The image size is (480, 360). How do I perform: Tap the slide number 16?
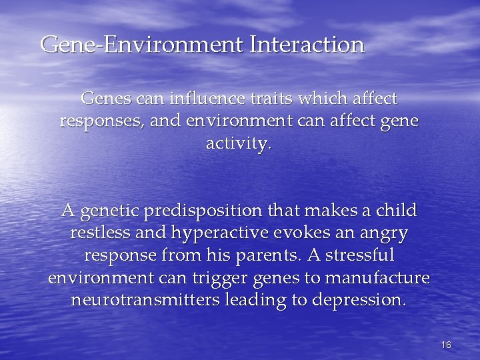tap(446, 345)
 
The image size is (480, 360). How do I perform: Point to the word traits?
tap(257, 99)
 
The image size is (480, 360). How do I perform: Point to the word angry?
tap(385, 234)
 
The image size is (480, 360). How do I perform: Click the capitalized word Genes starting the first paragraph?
tap(107, 99)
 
